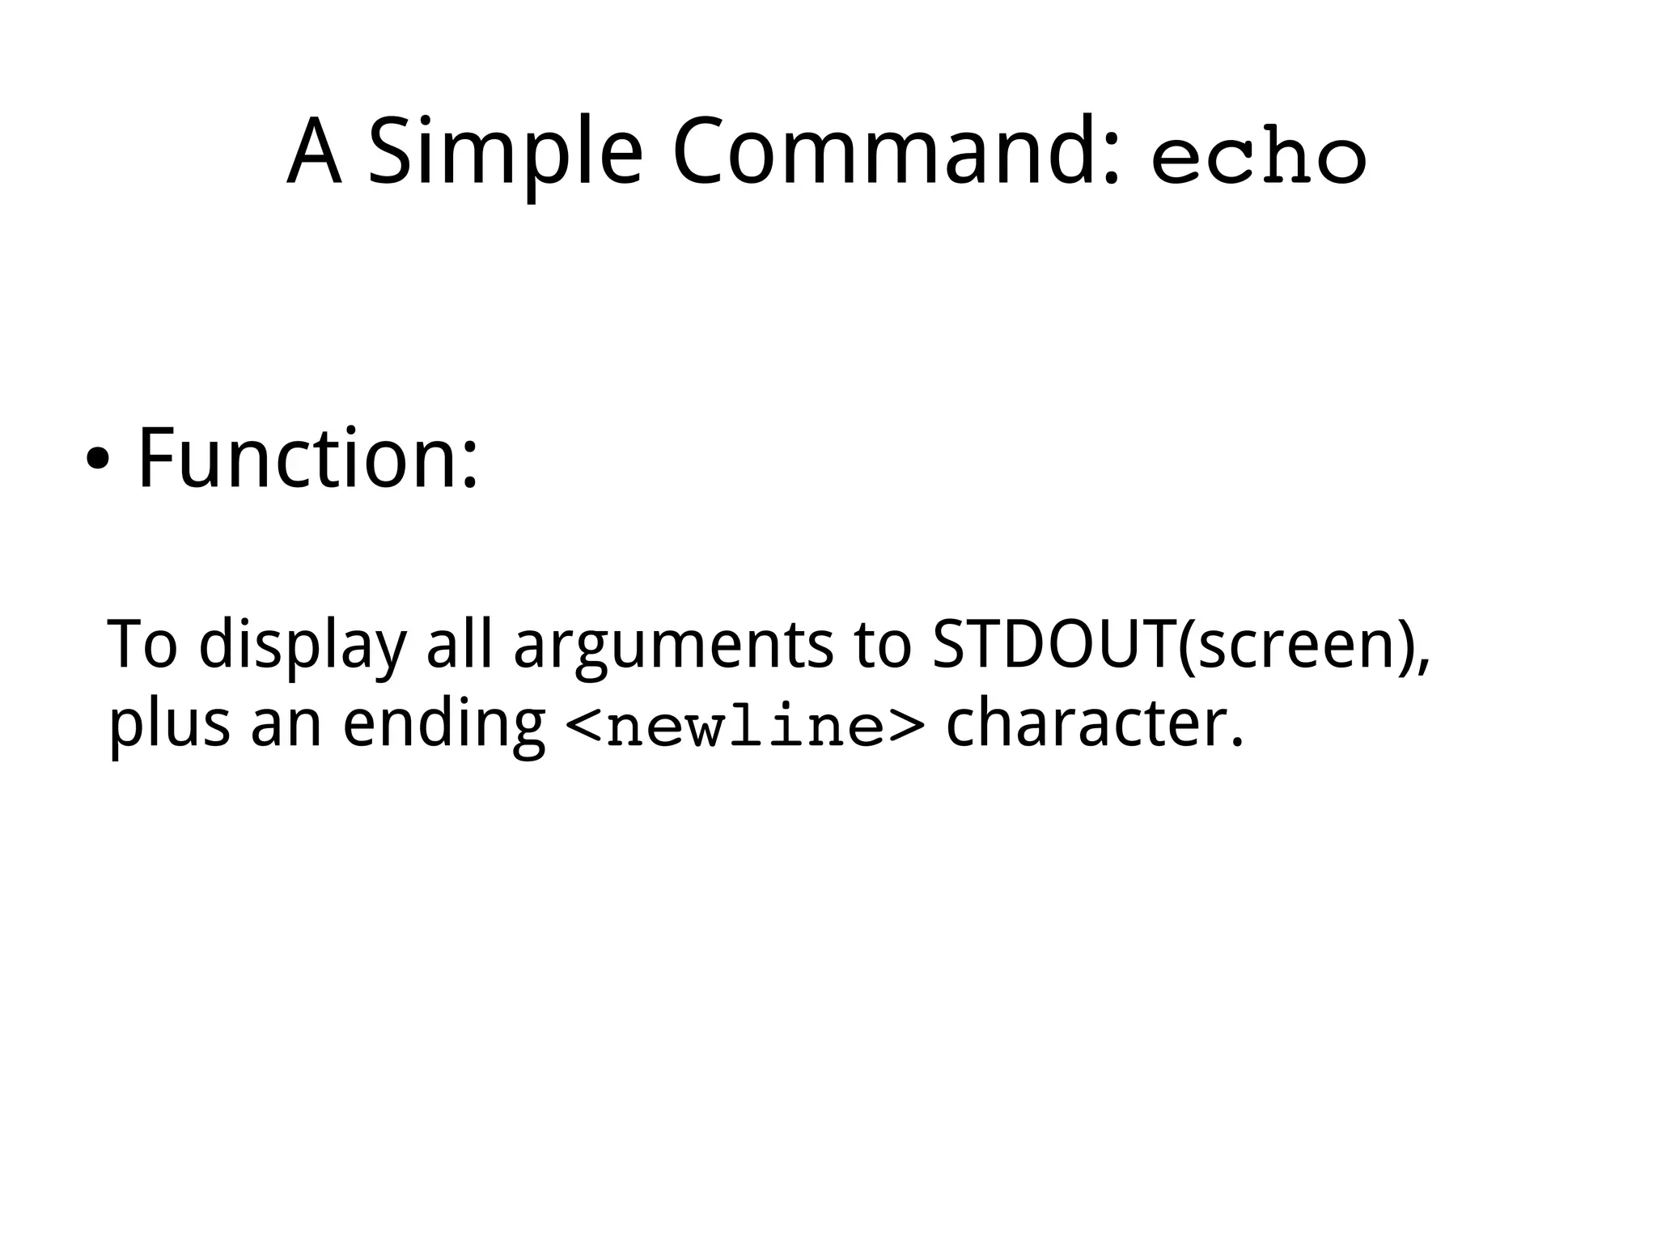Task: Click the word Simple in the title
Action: (x=506, y=154)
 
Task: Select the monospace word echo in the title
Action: (x=1259, y=159)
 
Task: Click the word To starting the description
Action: (x=142, y=645)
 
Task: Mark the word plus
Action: (x=169, y=724)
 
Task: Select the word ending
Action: (x=444, y=725)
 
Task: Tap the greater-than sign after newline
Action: (x=905, y=725)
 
